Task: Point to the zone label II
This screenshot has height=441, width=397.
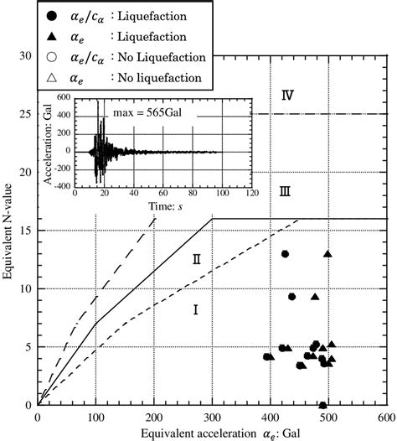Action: pyautogui.click(x=196, y=259)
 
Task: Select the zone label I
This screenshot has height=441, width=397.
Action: pyautogui.click(x=194, y=310)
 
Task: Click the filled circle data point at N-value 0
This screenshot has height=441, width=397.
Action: pyautogui.click(x=323, y=406)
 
